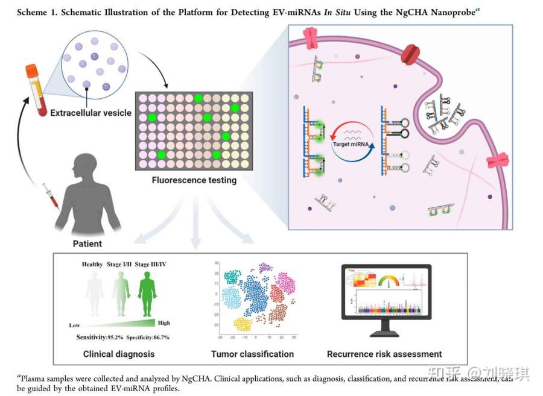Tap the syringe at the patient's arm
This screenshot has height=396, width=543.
click(x=49, y=199)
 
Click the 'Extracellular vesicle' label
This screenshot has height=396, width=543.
click(x=91, y=113)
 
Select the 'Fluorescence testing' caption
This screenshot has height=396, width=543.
click(x=194, y=180)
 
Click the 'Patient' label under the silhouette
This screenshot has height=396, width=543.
click(x=87, y=244)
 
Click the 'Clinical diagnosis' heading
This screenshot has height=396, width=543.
click(x=119, y=354)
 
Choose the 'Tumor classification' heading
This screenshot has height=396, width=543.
click(x=252, y=354)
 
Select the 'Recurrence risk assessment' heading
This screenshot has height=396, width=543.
click(x=384, y=354)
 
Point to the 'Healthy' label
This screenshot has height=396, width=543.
click(x=94, y=264)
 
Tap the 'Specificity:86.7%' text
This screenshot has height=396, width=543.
click(x=148, y=337)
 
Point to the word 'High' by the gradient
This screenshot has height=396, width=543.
click(x=164, y=323)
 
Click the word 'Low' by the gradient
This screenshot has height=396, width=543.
click(x=75, y=325)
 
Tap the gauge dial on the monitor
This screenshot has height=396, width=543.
click(x=388, y=280)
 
